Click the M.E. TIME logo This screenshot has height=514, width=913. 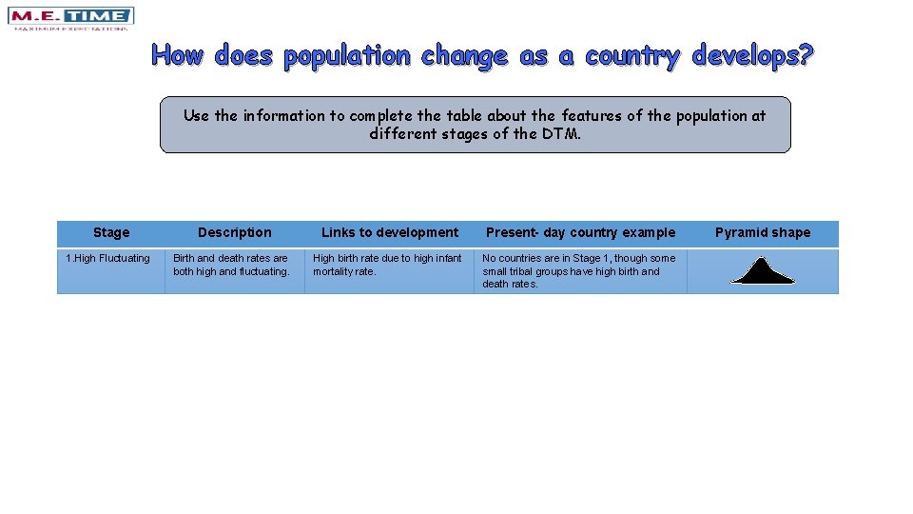[70, 18]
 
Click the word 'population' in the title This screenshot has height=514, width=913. [347, 55]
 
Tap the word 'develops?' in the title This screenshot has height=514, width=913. [753, 55]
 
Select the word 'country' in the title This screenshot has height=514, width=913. [632, 55]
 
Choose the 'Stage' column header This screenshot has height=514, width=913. [111, 232]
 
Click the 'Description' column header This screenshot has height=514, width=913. [234, 232]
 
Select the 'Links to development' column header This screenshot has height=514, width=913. [389, 232]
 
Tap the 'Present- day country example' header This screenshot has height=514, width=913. [580, 232]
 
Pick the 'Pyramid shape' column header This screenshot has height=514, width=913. [763, 232]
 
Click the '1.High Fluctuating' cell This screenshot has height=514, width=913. [107, 258]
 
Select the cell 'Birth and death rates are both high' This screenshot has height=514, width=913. [231, 265]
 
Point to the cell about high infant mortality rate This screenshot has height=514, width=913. [387, 265]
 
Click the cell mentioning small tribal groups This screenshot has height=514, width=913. [578, 271]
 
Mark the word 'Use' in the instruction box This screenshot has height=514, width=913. [196, 115]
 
